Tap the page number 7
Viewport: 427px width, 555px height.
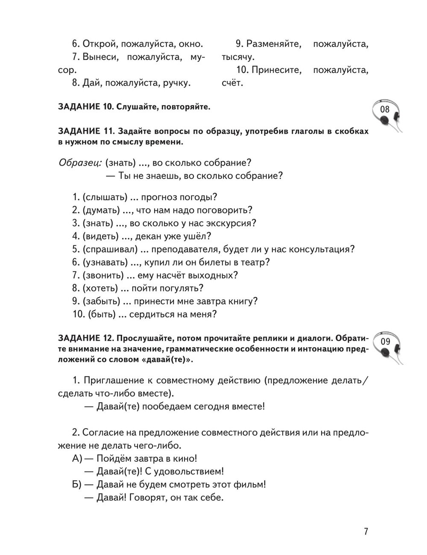(x=366, y=532)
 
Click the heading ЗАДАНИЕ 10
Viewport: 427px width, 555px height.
(x=85, y=107)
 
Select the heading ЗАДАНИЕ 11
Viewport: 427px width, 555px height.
(x=85, y=131)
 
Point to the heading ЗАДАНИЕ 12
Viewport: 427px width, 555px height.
(x=85, y=339)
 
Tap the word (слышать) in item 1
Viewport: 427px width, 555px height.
(x=105, y=197)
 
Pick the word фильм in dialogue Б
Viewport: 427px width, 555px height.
(x=251, y=485)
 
